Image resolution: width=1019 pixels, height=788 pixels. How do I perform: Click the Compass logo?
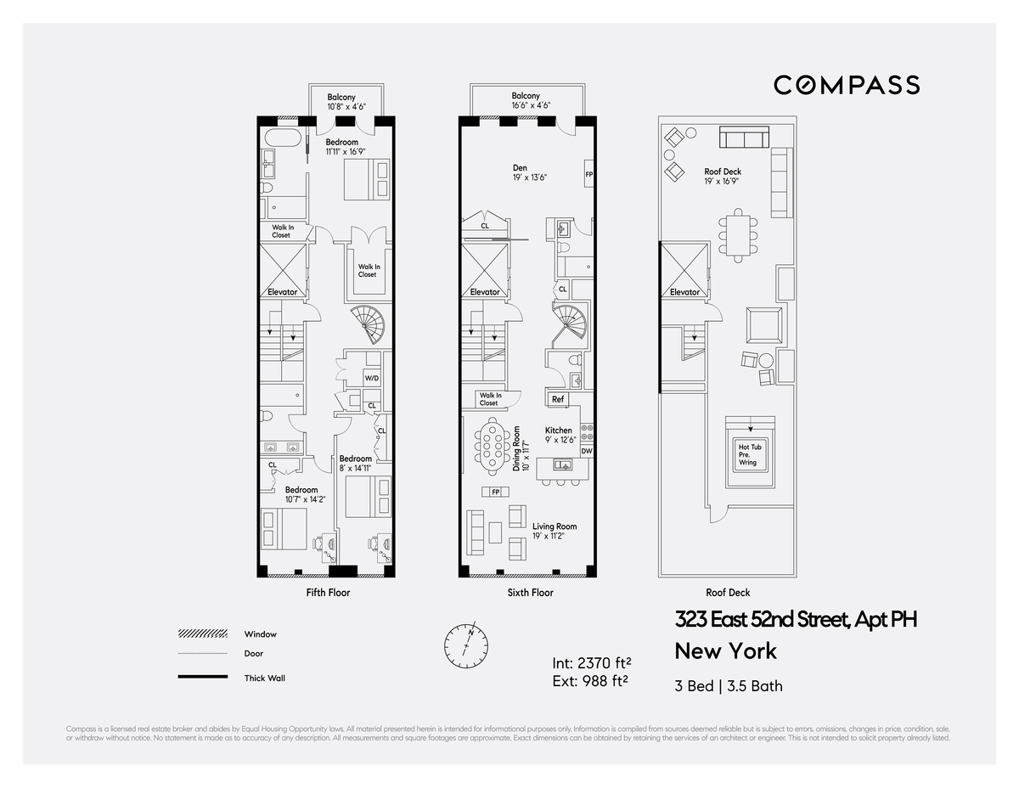[846, 85]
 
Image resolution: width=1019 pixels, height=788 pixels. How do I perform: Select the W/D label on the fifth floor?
[371, 378]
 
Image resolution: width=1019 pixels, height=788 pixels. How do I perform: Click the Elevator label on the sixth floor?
[485, 292]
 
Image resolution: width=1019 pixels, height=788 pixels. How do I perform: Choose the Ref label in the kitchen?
[558, 399]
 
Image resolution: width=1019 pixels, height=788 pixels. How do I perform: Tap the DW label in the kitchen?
[586, 451]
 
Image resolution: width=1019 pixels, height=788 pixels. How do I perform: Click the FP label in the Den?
[588, 175]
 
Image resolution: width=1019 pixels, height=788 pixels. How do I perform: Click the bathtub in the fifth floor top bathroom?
[280, 138]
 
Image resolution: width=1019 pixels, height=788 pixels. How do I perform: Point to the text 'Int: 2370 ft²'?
[591, 662]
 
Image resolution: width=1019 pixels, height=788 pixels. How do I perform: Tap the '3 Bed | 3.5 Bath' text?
[729, 685]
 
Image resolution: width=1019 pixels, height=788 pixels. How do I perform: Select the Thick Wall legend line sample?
[202, 677]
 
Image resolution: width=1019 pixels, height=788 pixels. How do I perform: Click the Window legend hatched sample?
[202, 634]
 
